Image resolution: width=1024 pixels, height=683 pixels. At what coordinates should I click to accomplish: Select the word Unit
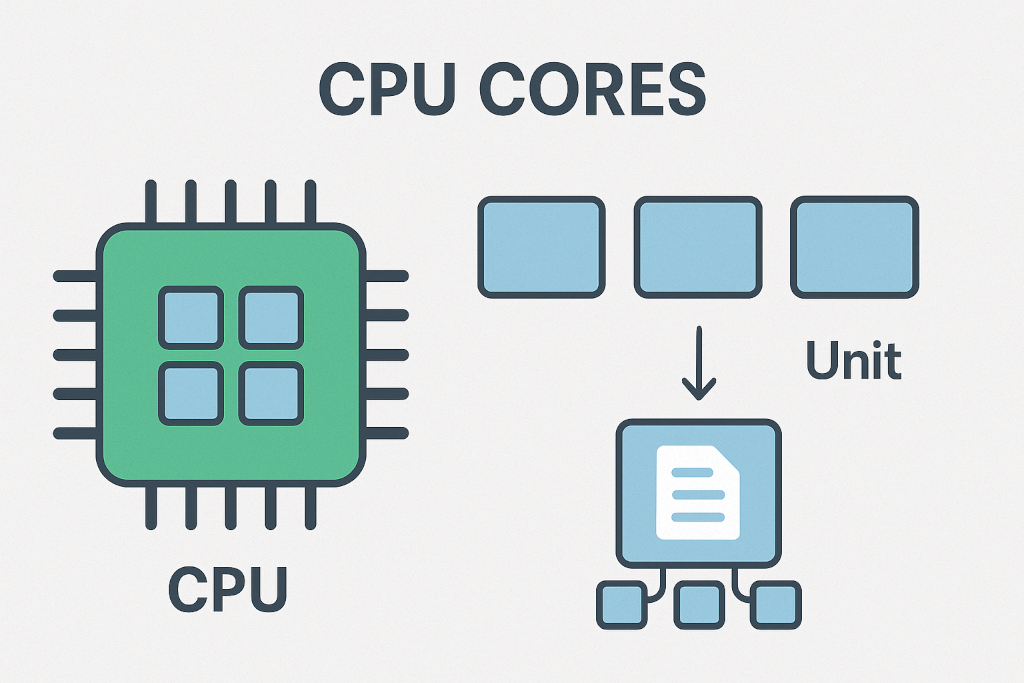tap(853, 361)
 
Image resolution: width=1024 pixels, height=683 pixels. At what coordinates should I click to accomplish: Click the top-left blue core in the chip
tap(190, 316)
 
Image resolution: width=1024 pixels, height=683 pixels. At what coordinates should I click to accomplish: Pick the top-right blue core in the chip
tap(271, 316)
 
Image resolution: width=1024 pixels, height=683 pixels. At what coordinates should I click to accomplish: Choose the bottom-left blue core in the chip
tap(190, 393)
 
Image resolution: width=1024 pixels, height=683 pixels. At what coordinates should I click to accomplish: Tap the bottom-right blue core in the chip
tap(271, 393)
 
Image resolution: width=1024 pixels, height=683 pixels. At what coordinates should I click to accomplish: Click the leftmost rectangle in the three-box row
tap(541, 247)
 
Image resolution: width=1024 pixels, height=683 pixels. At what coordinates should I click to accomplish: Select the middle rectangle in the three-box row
tap(698, 247)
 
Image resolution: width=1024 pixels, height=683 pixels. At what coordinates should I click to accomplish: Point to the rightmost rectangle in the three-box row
tap(854, 247)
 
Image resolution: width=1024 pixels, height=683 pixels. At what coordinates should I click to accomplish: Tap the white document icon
tap(697, 493)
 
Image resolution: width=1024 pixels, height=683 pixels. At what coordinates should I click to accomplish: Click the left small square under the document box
tap(621, 605)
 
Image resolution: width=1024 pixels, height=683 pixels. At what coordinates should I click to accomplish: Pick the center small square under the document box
tap(698, 605)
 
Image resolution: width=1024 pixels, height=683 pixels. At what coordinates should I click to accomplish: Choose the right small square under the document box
tap(776, 605)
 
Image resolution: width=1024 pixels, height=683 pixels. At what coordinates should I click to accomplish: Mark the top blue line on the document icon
tap(693, 471)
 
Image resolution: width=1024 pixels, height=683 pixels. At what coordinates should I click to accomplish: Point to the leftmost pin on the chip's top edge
tap(151, 202)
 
